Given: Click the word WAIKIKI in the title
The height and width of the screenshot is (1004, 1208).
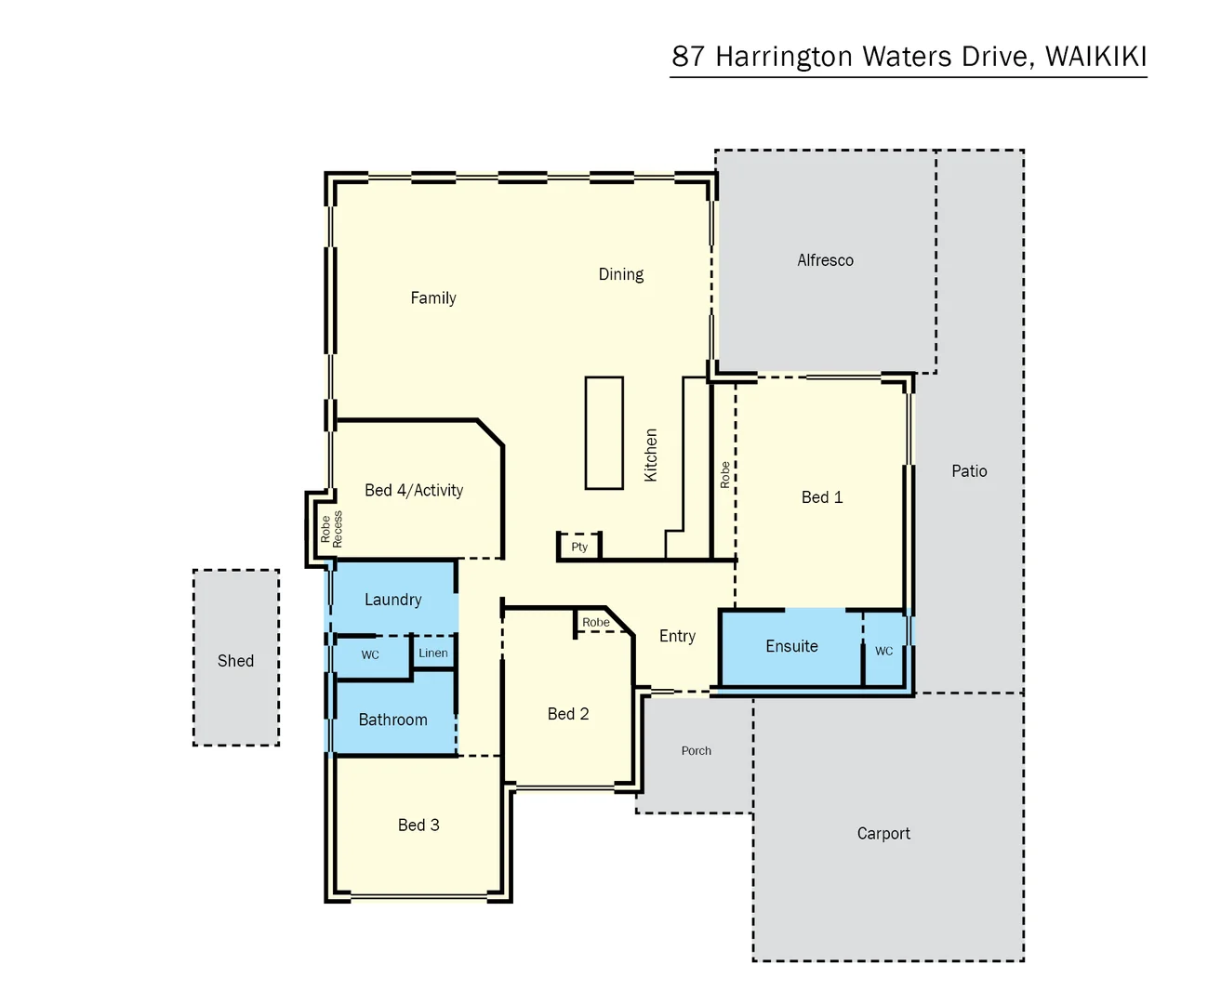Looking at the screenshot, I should pyautogui.click(x=1095, y=57).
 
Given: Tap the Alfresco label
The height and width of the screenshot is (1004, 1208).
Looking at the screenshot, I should pyautogui.click(x=825, y=260).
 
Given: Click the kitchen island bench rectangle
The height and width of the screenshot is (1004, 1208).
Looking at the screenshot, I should pyautogui.click(x=604, y=432).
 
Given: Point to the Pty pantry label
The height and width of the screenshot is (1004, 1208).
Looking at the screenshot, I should pyautogui.click(x=579, y=547).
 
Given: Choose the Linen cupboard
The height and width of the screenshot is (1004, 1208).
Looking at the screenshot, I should pyautogui.click(x=433, y=653).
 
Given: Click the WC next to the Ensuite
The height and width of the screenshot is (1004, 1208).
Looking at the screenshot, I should pyautogui.click(x=883, y=651).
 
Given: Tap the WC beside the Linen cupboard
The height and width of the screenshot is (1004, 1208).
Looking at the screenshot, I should pyautogui.click(x=370, y=654).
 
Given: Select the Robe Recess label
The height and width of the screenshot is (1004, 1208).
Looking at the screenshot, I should pyautogui.click(x=331, y=528).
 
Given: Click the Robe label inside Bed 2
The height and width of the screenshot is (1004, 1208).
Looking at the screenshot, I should pyautogui.click(x=596, y=622).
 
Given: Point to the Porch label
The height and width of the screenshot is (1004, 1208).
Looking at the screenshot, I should pyautogui.click(x=696, y=750).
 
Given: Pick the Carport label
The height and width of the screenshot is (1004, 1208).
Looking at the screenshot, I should pyautogui.click(x=883, y=834).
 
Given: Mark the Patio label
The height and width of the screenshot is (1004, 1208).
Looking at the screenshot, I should pyautogui.click(x=969, y=471).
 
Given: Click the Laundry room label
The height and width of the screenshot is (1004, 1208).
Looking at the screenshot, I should pyautogui.click(x=392, y=600).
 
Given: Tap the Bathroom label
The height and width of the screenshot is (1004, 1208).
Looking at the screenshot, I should pyautogui.click(x=392, y=720).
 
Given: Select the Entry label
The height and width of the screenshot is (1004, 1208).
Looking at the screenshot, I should pyautogui.click(x=677, y=636).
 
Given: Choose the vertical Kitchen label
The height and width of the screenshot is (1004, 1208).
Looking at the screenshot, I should pyautogui.click(x=651, y=455).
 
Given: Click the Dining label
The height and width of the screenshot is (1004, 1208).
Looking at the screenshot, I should pyautogui.click(x=620, y=274).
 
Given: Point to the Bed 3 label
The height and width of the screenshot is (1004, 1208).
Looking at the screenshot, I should pyautogui.click(x=418, y=825).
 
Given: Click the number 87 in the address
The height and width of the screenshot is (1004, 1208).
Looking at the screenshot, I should pyautogui.click(x=688, y=57).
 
